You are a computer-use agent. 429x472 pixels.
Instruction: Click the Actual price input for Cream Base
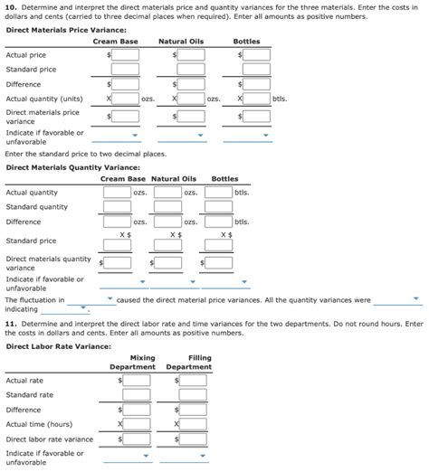point(125,55)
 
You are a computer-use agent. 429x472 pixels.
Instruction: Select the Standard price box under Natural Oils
point(191,70)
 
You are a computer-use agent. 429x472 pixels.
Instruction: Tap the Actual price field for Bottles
point(256,55)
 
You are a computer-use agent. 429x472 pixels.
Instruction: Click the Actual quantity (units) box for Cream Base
point(125,98)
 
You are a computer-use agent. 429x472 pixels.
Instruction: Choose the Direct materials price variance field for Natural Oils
point(191,116)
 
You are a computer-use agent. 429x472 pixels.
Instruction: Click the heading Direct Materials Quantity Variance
point(73,167)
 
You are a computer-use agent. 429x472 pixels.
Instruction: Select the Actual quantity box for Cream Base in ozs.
point(117,193)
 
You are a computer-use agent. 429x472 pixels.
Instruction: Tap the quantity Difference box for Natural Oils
point(167,222)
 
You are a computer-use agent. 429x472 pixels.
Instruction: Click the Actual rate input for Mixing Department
point(137,381)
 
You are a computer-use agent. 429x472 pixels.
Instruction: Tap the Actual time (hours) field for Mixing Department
point(137,424)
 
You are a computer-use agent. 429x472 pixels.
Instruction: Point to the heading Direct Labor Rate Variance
point(57,345)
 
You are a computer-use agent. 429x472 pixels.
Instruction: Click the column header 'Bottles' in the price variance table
point(246,42)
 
